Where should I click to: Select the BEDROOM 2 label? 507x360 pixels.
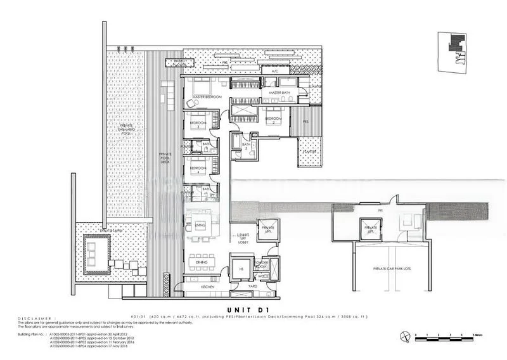274,119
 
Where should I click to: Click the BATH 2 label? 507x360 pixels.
247,146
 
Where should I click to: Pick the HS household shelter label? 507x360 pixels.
240,267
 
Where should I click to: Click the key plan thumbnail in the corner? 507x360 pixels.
455,50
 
